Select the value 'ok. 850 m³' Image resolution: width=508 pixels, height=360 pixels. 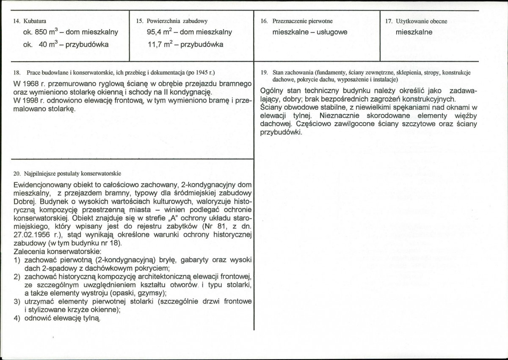point(40,32)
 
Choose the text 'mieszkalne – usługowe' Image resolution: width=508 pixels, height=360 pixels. point(310,32)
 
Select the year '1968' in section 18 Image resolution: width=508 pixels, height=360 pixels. point(35,83)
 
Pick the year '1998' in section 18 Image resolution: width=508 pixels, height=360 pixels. point(35,100)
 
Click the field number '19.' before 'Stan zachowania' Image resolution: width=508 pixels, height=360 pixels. point(264,73)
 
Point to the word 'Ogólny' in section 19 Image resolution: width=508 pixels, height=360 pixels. point(273,91)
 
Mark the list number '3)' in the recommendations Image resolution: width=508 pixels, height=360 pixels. point(17,301)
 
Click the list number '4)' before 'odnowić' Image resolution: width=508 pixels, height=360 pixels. point(17,318)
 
